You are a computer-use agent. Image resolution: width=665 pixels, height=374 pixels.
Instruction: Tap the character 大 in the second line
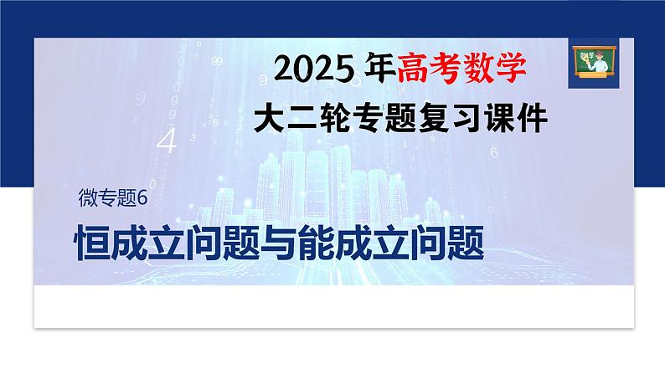tap(271, 119)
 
